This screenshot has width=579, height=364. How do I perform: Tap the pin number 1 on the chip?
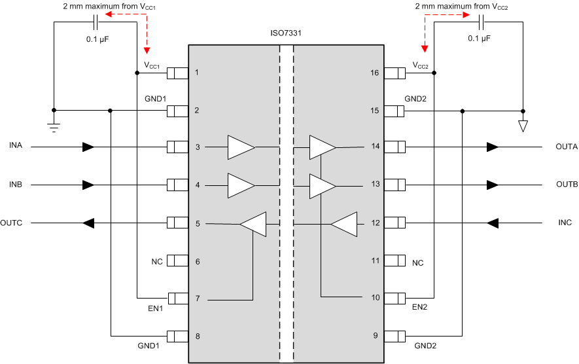[x=197, y=73]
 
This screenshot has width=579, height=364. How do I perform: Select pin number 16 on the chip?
[x=374, y=73]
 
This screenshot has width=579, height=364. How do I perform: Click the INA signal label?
[x=16, y=145]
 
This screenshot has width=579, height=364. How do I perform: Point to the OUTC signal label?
[x=11, y=223]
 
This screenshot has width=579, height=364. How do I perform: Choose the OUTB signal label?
[x=567, y=185]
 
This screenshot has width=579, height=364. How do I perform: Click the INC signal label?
[x=565, y=223]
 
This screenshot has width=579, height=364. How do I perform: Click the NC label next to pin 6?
[x=157, y=262]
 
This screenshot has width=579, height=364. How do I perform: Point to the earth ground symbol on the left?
[x=54, y=124]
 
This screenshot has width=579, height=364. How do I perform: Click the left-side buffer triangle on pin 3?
[x=241, y=147]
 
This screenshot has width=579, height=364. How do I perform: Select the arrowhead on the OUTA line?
[x=491, y=147]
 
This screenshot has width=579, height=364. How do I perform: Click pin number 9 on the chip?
[x=376, y=336]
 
